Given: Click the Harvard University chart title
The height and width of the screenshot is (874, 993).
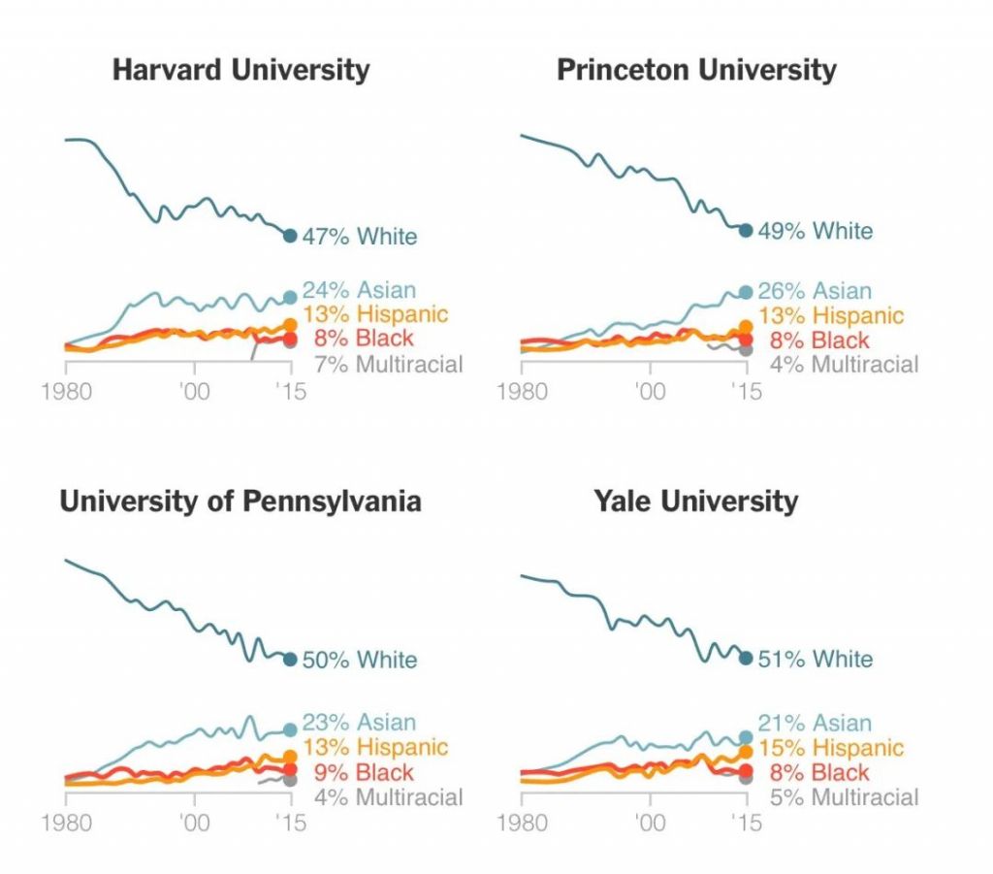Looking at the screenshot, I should (240, 70).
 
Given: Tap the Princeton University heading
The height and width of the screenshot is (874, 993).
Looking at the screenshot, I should (696, 70).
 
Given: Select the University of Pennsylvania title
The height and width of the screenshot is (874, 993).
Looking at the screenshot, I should (240, 501).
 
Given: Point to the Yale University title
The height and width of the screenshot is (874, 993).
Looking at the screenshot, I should (696, 501).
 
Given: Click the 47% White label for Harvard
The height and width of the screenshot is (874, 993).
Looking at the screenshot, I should (359, 236).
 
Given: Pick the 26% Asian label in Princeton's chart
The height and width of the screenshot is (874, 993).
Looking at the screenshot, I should (815, 291).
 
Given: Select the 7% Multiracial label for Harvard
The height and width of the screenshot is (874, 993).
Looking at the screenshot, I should (388, 365).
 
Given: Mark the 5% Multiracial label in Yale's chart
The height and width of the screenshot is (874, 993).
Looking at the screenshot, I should (844, 797).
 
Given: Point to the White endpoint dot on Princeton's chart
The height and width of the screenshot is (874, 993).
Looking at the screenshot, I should (746, 230).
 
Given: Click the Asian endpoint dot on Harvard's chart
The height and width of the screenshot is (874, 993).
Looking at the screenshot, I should (290, 297).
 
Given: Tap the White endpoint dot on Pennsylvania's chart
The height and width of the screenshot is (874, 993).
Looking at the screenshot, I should (290, 660).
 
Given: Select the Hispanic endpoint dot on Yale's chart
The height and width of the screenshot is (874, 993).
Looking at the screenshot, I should (746, 751).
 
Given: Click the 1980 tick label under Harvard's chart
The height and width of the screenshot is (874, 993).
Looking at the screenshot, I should (65, 390).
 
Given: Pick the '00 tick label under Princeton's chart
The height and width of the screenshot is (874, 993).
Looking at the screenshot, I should (650, 392).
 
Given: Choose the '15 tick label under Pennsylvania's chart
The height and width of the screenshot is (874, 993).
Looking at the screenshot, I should (290, 824).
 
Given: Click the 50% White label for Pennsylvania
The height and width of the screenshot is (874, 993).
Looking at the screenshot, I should (359, 660).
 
